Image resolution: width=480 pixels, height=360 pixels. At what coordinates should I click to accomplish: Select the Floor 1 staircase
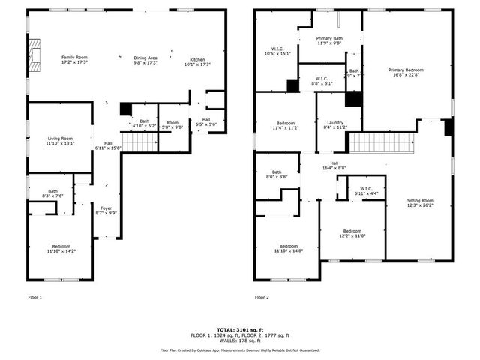[139, 142]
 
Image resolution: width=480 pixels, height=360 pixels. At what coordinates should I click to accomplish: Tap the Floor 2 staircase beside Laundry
[382, 142]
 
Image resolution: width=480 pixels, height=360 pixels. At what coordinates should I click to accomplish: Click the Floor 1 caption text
[35, 298]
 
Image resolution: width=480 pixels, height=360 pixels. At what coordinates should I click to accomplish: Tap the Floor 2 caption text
[262, 298]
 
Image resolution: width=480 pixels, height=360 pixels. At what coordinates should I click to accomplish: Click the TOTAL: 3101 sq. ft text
[240, 329]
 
